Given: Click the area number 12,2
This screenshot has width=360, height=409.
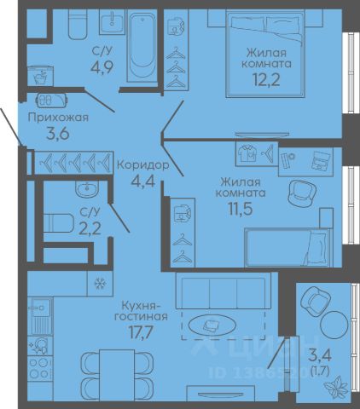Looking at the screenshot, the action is tap(266, 79).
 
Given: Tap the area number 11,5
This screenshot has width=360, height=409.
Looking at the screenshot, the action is tap(241, 209).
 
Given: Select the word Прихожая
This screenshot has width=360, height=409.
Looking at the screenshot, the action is tap(58, 118).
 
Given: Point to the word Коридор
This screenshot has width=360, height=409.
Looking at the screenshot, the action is tap(143, 164).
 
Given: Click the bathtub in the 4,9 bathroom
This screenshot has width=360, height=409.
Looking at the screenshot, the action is tap(142, 46).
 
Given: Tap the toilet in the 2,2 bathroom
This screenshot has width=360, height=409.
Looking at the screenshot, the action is tap(58, 223).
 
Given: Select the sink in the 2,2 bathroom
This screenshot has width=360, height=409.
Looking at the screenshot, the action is tap(87, 189).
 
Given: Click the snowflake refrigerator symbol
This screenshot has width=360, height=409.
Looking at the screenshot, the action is tap(100, 284).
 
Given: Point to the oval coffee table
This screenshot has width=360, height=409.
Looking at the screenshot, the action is tap(212, 325).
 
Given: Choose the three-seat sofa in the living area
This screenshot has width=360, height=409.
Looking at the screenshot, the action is tap(224, 291).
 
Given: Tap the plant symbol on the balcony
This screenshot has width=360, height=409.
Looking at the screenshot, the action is tap(336, 387).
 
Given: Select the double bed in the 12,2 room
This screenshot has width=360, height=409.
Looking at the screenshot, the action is tap(265, 54).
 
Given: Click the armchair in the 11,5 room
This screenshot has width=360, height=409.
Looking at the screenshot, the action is tap(302, 193).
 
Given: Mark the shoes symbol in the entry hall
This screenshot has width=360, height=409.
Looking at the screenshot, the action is tap(52, 100).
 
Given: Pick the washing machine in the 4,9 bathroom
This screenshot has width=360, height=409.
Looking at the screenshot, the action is tap(40, 76).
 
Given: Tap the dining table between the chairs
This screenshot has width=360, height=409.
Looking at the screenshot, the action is tap(117, 375).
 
